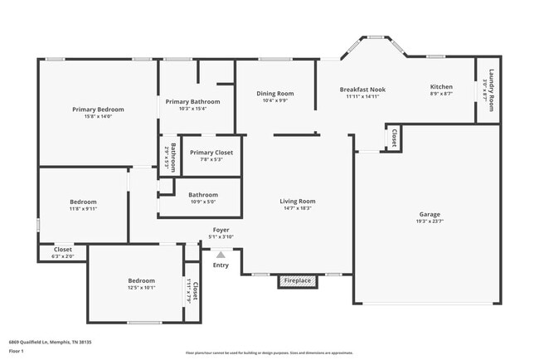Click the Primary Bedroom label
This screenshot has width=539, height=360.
(98, 109)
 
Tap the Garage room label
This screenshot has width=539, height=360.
(430, 214)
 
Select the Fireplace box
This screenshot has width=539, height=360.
(298, 281)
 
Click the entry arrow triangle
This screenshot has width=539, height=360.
(221, 255)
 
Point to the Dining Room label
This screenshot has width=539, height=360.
(274, 94)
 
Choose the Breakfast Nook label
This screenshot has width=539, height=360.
(362, 89)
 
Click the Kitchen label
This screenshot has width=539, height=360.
(440, 87)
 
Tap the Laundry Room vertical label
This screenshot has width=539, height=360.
(491, 90)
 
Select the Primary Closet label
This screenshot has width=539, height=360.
(211, 153)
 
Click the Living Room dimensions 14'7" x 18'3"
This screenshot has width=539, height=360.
(297, 208)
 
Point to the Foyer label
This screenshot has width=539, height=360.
(221, 230)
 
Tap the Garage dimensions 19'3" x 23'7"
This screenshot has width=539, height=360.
(430, 221)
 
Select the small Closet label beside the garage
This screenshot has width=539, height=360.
(394, 138)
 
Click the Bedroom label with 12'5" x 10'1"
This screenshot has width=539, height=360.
(141, 280)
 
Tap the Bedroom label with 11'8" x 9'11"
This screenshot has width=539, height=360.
(83, 202)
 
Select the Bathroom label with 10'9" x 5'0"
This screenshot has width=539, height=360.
(202, 195)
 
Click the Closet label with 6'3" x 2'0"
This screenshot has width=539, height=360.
(63, 249)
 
